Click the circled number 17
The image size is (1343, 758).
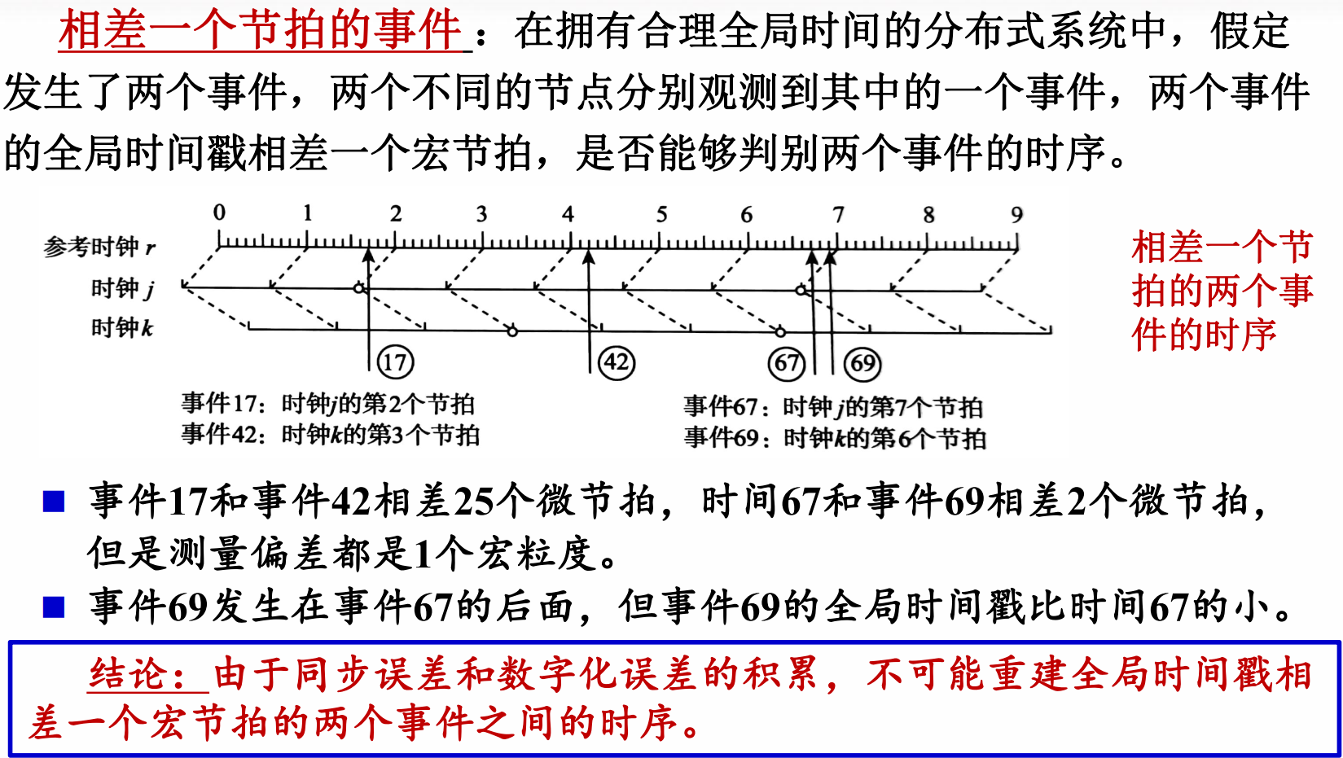[395, 361]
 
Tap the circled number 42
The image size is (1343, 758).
[617, 361]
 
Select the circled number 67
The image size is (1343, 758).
[787, 362]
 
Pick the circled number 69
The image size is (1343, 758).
[863, 363]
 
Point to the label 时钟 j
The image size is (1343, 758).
[122, 288]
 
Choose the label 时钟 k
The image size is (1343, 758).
[122, 327]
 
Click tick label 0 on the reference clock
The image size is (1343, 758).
[219, 213]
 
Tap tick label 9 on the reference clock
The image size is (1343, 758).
[1016, 215]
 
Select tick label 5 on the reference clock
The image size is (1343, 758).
[661, 214]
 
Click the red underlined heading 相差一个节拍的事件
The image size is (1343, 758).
[261, 31]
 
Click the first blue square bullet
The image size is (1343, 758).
[54, 501]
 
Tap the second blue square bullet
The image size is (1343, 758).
[54, 607]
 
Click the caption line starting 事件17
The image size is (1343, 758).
[327, 403]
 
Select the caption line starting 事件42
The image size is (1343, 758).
[330, 434]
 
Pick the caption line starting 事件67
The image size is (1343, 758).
[832, 406]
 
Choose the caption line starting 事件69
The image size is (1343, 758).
[835, 438]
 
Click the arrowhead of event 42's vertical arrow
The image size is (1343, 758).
[589, 256]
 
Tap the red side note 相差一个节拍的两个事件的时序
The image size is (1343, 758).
[1222, 291]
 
